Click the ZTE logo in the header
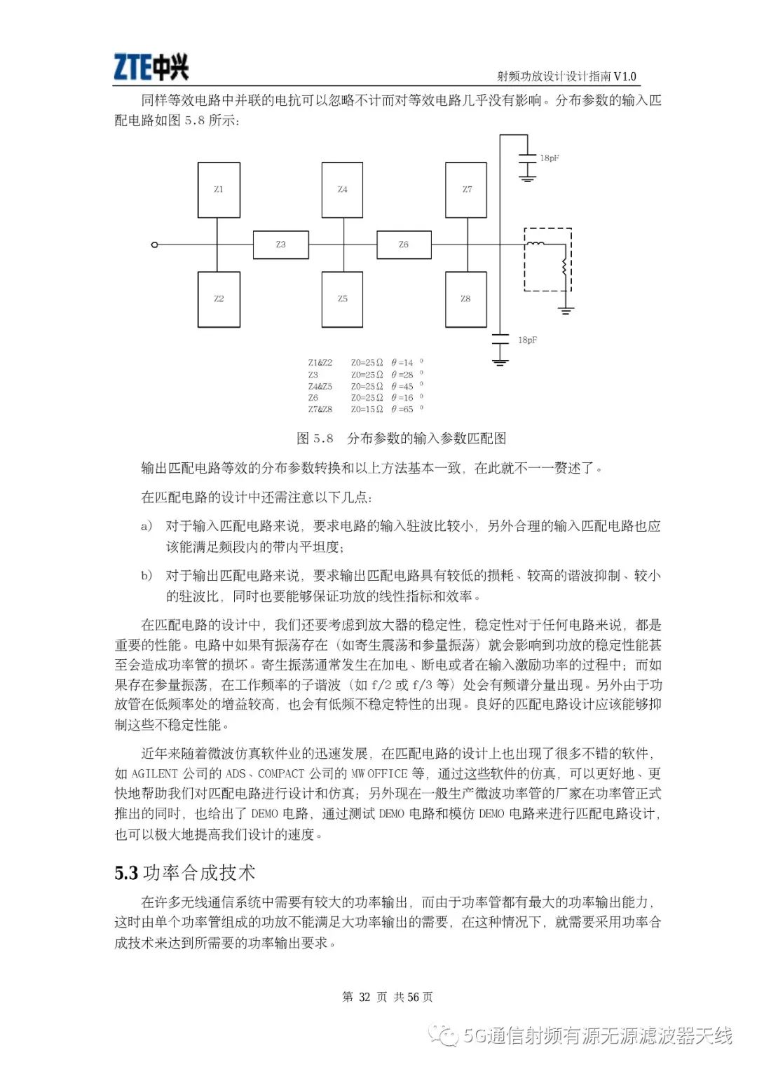tap(151, 68)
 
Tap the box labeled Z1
tap(219, 190)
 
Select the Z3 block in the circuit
tap(280, 244)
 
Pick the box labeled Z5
tap(342, 299)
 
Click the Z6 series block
tap(404, 244)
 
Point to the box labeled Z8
tap(466, 299)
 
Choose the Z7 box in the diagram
tap(467, 190)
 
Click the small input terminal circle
tap(155, 244)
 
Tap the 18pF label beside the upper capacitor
tap(550, 158)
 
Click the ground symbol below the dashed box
tap(566, 309)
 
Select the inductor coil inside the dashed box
tap(536, 244)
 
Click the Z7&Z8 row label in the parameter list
tap(320, 409)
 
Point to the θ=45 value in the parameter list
tap(403, 387)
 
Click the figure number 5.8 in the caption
tap(323, 439)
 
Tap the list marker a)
tap(146, 526)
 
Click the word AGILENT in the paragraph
tap(155, 773)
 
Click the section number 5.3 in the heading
tap(126, 873)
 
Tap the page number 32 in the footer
tap(364, 997)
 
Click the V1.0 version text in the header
tap(625, 76)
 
